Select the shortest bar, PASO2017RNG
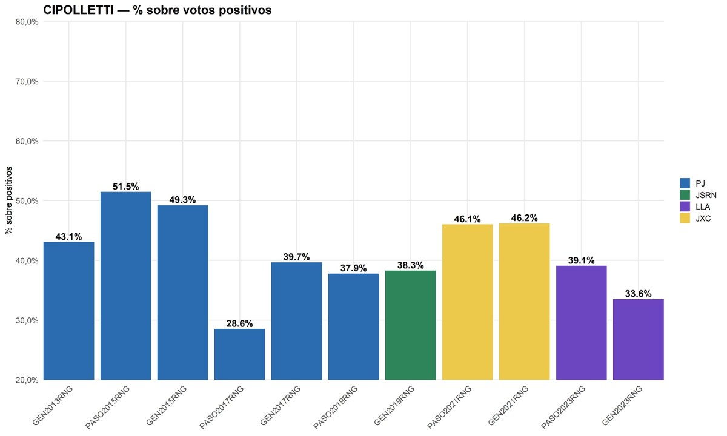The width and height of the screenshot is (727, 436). pyautogui.click(x=239, y=354)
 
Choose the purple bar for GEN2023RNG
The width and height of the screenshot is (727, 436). pyautogui.click(x=638, y=339)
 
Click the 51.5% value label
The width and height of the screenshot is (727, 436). pyautogui.click(x=125, y=186)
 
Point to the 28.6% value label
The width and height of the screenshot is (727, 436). pyautogui.click(x=239, y=323)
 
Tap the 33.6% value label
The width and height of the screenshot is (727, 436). pyautogui.click(x=638, y=294)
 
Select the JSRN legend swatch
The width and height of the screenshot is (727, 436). pyautogui.click(x=685, y=195)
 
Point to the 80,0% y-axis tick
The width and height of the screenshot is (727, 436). pyautogui.click(x=27, y=22)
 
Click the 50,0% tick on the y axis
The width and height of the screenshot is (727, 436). pyautogui.click(x=27, y=201)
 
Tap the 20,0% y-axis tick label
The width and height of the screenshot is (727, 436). pyautogui.click(x=27, y=380)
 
